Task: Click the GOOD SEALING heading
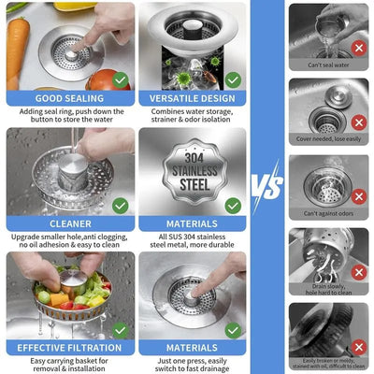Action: coord(62,97)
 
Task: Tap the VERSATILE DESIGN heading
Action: coord(193,97)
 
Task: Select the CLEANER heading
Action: coord(62,223)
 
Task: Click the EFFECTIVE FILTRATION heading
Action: coord(62,348)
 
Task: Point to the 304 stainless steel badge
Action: coord(194,172)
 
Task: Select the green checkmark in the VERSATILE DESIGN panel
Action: coord(233,79)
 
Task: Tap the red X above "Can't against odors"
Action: coord(357,197)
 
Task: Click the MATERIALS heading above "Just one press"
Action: coord(193,348)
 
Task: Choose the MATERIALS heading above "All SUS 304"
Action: coord(193,223)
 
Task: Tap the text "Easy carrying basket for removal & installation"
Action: coord(62,364)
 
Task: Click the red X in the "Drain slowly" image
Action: coord(357,271)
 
